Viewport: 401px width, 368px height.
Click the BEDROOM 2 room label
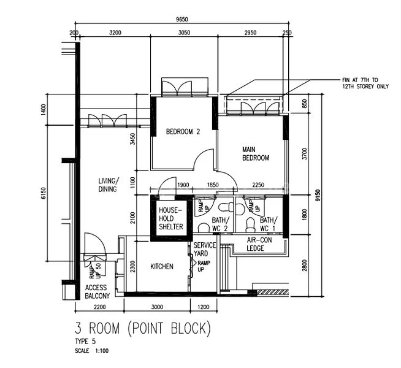[x=183, y=131]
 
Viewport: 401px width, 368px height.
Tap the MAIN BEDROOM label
[x=256, y=153]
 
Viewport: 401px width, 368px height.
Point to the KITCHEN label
[x=162, y=267]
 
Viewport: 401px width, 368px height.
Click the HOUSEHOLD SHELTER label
[x=171, y=218]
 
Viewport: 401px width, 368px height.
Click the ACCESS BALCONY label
[x=97, y=292]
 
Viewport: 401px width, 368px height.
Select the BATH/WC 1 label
[x=268, y=224]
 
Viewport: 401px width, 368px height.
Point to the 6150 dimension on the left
[x=44, y=193]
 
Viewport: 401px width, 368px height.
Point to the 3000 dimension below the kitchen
[x=158, y=307]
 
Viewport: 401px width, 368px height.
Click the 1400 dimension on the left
[x=44, y=110]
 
